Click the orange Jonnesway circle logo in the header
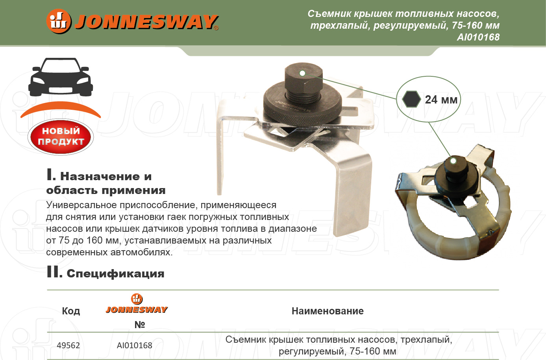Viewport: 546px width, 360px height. click(59, 21)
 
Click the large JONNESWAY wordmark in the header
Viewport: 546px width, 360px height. click(147, 22)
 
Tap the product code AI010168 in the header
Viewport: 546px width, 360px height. click(478, 37)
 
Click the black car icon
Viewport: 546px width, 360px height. click(61, 77)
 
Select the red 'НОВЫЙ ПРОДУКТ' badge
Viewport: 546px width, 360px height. click(61, 137)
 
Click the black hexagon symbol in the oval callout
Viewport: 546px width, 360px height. click(411, 99)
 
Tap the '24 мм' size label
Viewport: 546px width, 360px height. click(441, 100)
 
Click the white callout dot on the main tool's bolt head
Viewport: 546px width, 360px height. click(302, 73)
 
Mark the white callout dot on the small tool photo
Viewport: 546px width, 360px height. click(453, 161)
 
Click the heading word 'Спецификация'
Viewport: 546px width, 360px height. click(115, 274)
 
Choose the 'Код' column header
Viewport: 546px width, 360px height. click(71, 311)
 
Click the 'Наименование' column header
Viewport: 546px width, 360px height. click(328, 311)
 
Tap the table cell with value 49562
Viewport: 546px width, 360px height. click(68, 345)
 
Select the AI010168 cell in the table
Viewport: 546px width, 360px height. click(135, 345)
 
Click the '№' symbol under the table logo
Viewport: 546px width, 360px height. click(140, 325)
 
